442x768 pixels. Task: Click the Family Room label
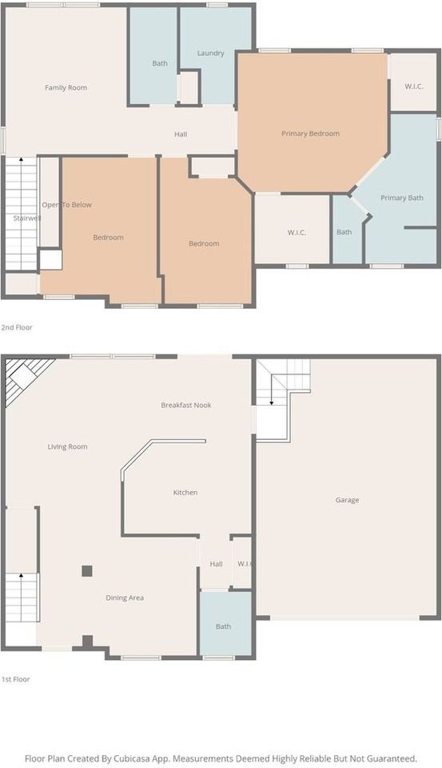click(x=66, y=88)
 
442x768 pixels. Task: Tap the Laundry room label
click(x=210, y=53)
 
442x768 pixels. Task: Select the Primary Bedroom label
click(x=310, y=134)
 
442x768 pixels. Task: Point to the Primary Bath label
click(x=402, y=198)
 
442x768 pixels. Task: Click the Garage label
click(x=347, y=500)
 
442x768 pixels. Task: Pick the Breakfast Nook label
click(x=186, y=405)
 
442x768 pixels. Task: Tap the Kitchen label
click(x=185, y=492)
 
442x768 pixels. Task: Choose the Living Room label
click(x=68, y=446)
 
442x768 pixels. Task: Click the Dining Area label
click(x=125, y=598)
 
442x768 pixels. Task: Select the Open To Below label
click(x=66, y=205)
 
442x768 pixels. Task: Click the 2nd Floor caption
click(x=17, y=327)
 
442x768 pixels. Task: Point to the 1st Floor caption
click(x=16, y=679)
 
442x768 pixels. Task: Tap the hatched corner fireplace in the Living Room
click(x=23, y=376)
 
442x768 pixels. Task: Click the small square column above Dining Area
click(x=86, y=570)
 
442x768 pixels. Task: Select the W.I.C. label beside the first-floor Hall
click(x=245, y=564)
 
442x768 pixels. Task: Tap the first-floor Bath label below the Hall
click(x=223, y=626)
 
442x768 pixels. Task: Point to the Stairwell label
click(x=27, y=218)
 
